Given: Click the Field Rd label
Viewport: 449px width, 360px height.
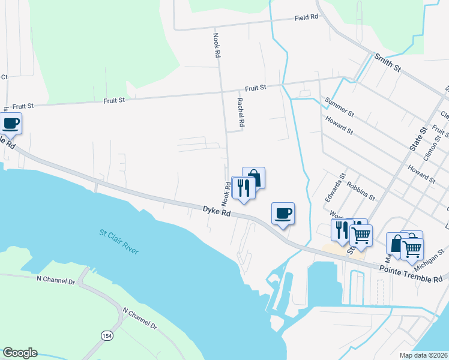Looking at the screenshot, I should pyautogui.click(x=306, y=18).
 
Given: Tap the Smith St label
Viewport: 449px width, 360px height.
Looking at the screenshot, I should pyautogui.click(x=387, y=62).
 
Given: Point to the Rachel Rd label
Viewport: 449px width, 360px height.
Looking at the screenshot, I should pyautogui.click(x=241, y=112).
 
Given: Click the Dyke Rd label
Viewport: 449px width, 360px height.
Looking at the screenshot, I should pyautogui.click(x=217, y=211).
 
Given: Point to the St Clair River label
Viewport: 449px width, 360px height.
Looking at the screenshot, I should pyautogui.click(x=119, y=241).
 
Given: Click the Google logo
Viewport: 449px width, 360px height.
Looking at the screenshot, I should pyautogui.click(x=20, y=353).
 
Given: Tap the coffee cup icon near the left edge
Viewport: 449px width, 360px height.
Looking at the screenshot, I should pyautogui.click(x=11, y=124).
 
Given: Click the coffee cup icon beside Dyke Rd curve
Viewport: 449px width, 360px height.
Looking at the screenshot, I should pyautogui.click(x=283, y=213).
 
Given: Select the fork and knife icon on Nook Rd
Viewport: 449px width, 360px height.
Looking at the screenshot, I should pyautogui.click(x=243, y=187).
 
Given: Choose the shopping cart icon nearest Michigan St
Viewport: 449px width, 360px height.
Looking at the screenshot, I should pyautogui.click(x=412, y=247).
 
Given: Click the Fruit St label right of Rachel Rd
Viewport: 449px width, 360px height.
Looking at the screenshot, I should pyautogui.click(x=255, y=88).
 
